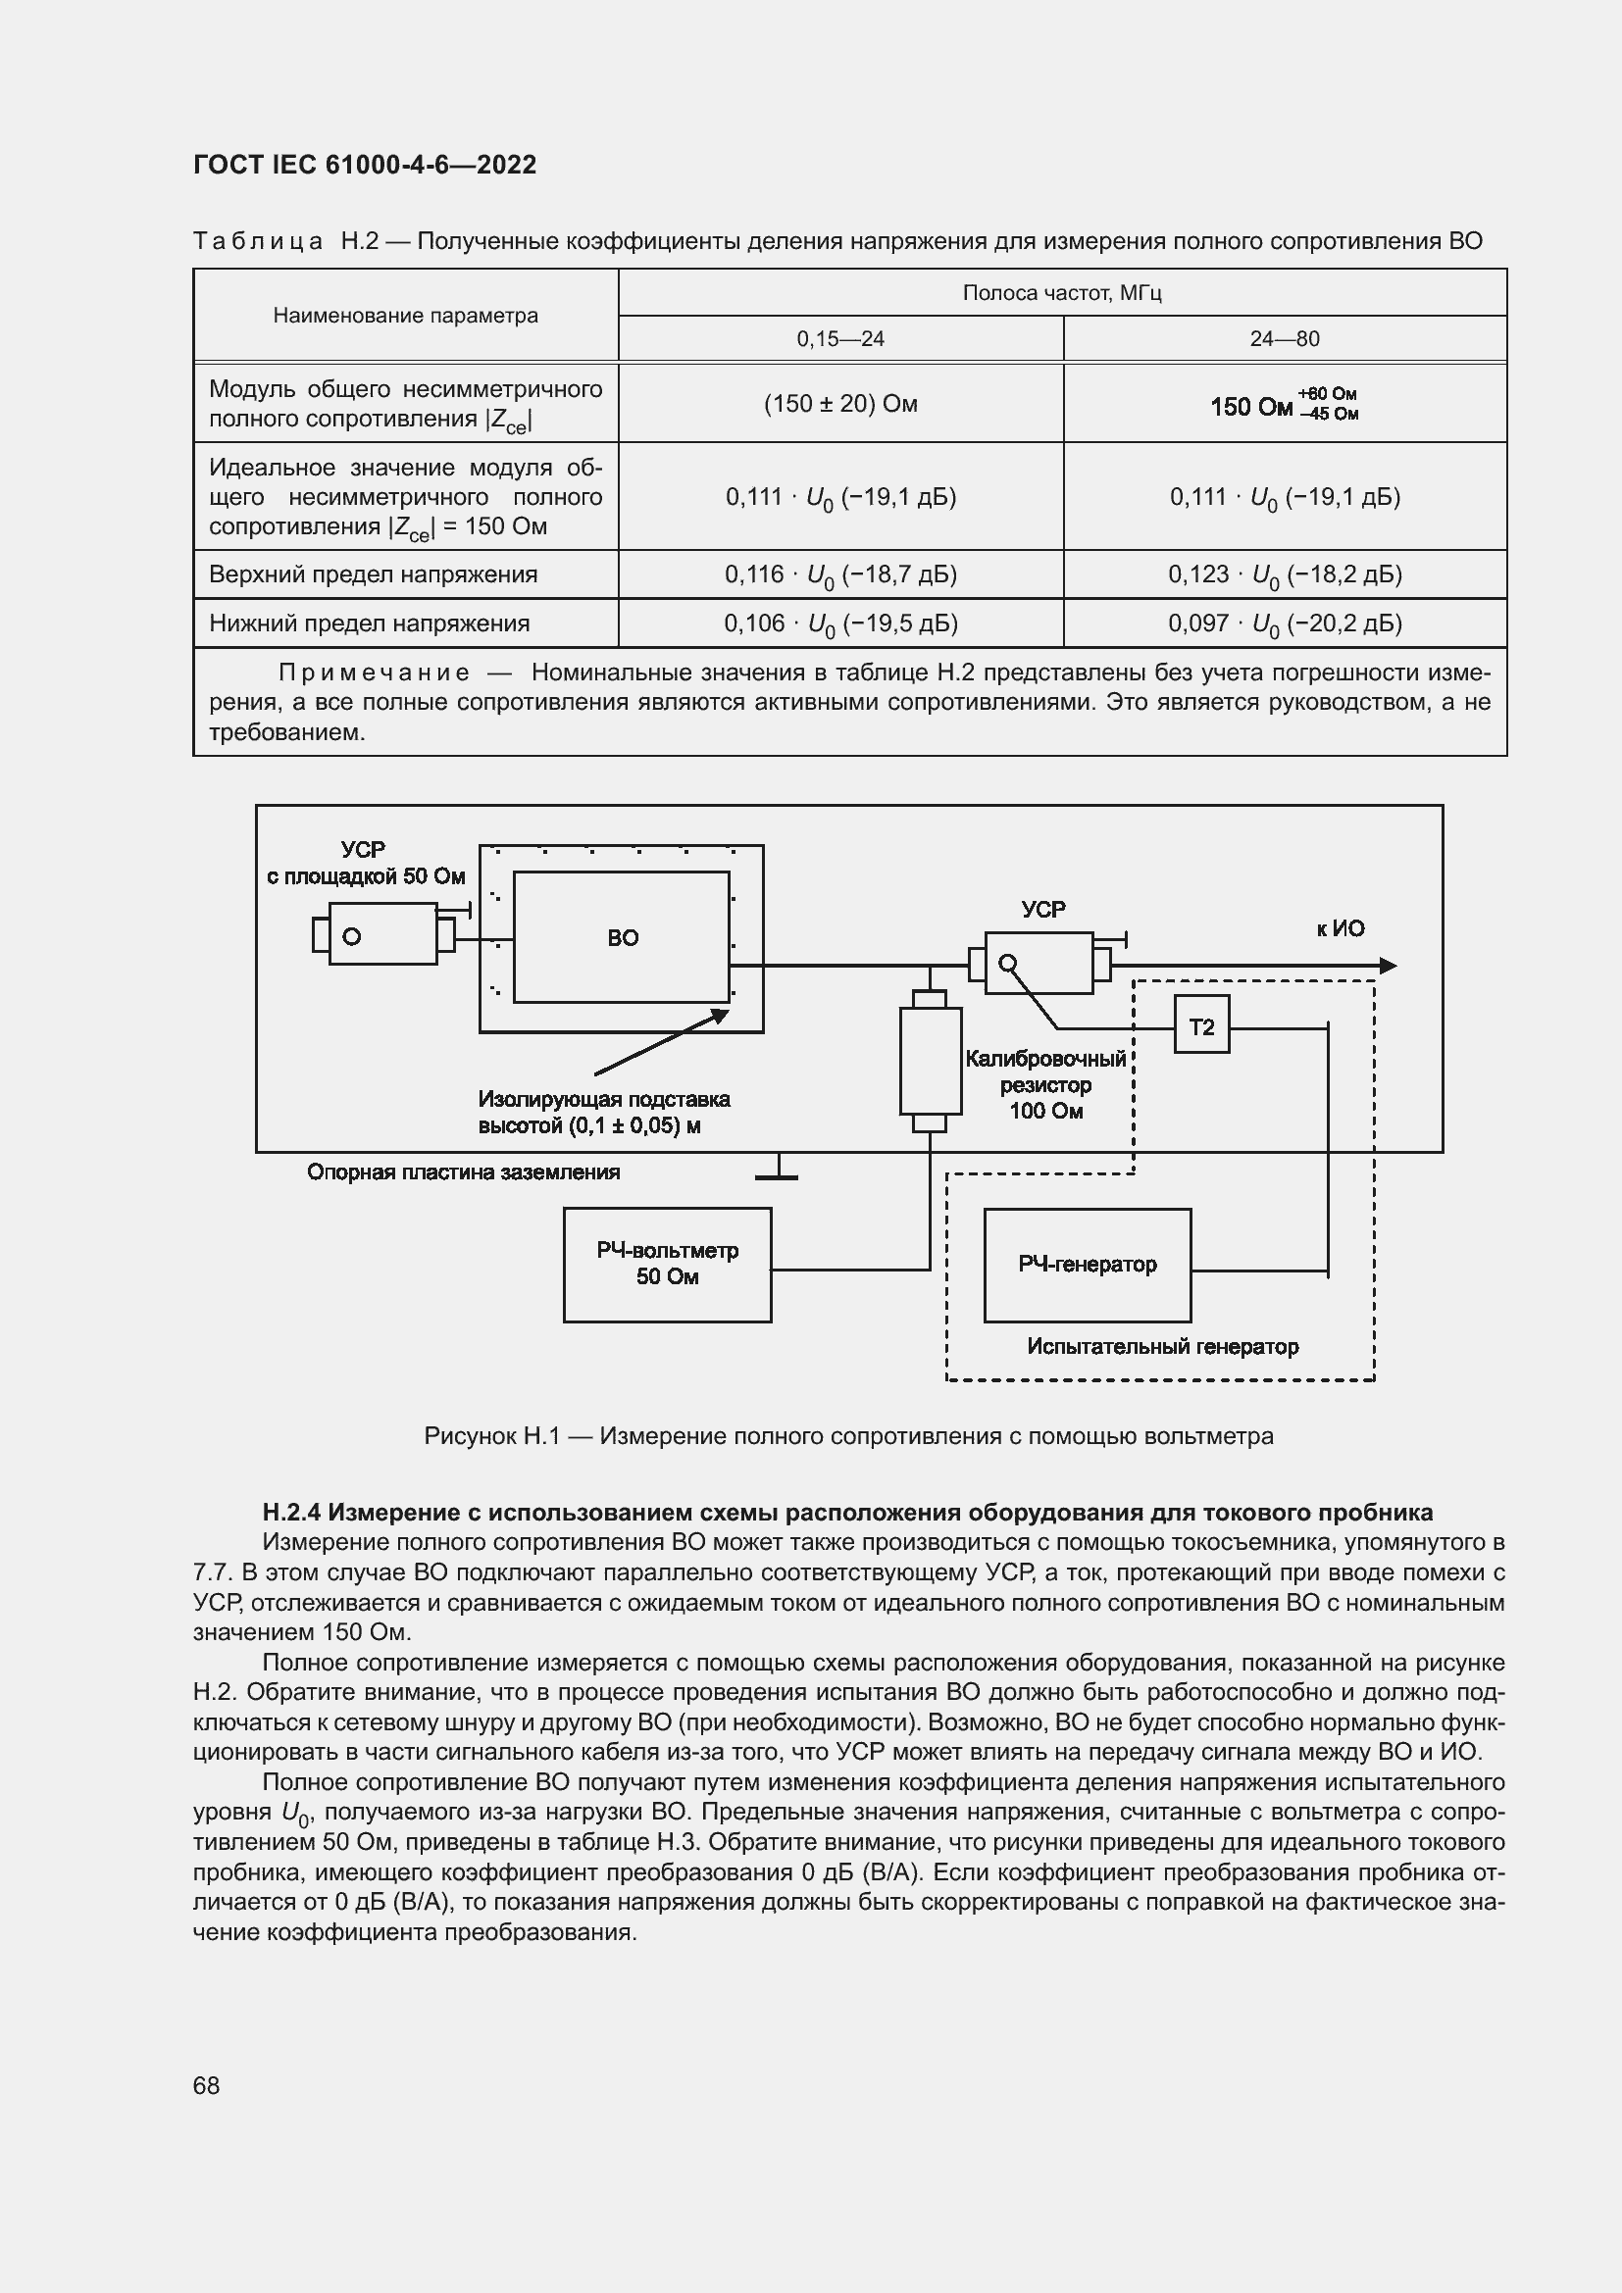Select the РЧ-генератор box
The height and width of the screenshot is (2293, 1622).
(x=1087, y=1265)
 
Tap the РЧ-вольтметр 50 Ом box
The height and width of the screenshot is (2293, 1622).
(x=667, y=1265)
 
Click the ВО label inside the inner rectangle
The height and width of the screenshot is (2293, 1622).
(x=623, y=938)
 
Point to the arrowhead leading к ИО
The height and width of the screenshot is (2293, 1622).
(x=1388, y=966)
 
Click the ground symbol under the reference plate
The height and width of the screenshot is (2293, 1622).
(x=776, y=1174)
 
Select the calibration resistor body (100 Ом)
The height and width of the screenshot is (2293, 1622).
(x=930, y=1061)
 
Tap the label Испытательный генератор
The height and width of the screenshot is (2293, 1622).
(x=1163, y=1346)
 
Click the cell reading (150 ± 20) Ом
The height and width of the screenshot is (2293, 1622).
(x=840, y=404)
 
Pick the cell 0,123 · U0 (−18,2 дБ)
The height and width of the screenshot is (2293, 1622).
(x=1285, y=574)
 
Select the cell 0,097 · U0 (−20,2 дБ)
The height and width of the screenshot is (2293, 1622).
(x=1285, y=623)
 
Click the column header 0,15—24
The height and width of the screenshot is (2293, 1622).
(x=840, y=338)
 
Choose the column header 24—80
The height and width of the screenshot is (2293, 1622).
(x=1285, y=338)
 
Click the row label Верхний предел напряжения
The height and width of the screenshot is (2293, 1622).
(x=373, y=574)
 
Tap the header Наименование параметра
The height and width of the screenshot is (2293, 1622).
(x=406, y=316)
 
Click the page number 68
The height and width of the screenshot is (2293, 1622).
(x=207, y=2085)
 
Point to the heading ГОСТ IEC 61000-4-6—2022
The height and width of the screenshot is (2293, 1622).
(x=365, y=165)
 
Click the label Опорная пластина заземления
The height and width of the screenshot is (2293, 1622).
(x=464, y=1171)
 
